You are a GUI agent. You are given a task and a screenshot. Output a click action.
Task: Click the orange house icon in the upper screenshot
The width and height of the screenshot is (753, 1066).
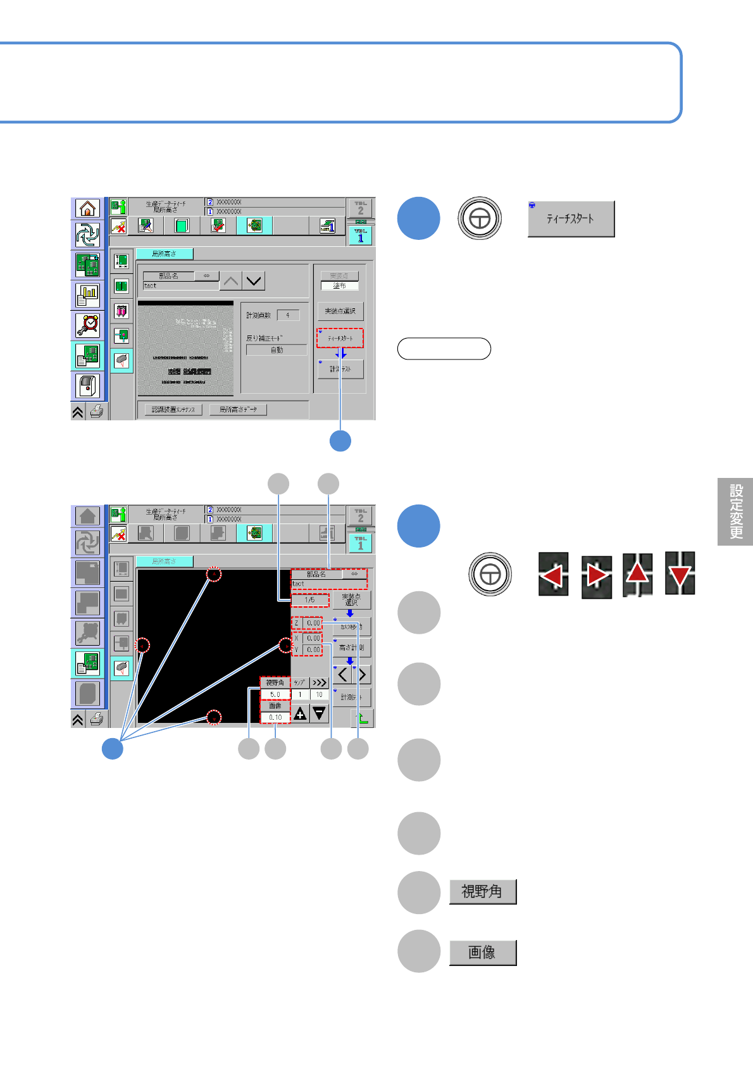tap(88, 208)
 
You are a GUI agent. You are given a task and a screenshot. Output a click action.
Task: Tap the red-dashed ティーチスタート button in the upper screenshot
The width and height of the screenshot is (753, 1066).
tap(340, 338)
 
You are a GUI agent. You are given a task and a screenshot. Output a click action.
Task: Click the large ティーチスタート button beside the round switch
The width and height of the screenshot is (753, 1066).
tap(571, 219)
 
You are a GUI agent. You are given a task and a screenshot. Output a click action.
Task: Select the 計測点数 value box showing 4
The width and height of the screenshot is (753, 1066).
tap(288, 315)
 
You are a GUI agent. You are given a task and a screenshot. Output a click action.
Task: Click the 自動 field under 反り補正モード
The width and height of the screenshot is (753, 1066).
tap(277, 350)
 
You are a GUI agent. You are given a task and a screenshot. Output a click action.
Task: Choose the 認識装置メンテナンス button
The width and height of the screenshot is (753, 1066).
tap(173, 410)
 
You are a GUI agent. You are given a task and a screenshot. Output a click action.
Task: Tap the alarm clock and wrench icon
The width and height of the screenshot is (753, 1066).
tap(88, 325)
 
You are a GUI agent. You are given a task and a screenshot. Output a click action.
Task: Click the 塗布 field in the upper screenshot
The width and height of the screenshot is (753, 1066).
tap(340, 285)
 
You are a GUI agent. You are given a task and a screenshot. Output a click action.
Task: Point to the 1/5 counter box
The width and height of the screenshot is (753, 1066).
tap(309, 599)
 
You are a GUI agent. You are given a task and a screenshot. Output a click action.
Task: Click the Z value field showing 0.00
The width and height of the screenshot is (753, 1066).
tap(313, 623)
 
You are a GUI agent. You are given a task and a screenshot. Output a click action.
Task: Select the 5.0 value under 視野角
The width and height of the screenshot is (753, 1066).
tap(275, 694)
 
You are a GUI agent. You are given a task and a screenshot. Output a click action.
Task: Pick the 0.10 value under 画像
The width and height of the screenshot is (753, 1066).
tap(275, 717)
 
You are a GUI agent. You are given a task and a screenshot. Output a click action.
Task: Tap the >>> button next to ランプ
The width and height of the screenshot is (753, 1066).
tap(319, 682)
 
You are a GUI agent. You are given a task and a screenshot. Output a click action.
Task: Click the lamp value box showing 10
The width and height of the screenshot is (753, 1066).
tap(319, 694)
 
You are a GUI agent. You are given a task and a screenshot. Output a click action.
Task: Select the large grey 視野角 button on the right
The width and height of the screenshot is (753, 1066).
tap(483, 891)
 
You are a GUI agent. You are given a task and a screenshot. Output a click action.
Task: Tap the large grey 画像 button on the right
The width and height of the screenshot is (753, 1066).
tap(483, 952)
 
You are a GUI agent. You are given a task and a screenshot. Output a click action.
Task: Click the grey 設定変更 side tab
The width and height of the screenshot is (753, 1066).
tap(735, 511)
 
